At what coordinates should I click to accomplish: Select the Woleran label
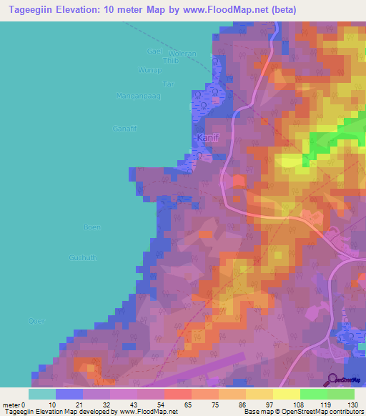182,54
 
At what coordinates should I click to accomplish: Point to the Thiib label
169,61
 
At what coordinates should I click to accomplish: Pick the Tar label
169,84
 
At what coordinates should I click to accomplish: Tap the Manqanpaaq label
134,96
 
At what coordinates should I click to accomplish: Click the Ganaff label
124,128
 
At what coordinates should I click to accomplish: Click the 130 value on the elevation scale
352,405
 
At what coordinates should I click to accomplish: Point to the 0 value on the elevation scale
26,405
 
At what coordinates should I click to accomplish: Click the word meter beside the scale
11,405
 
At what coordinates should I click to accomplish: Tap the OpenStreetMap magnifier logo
332,380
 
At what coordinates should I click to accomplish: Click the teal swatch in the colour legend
41,394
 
